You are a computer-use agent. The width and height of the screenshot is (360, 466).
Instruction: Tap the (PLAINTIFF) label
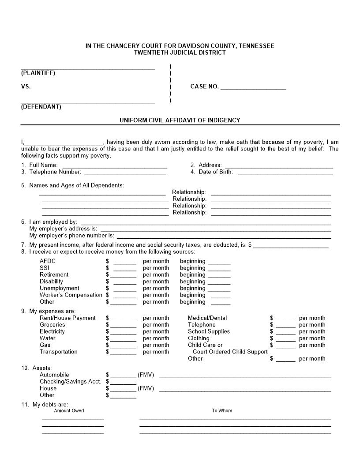[38, 73]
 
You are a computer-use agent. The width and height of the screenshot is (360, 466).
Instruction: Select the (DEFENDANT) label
[41, 107]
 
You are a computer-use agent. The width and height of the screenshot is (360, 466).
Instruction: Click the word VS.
[26, 86]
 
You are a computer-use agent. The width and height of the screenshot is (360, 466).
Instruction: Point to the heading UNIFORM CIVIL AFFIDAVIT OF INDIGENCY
[180, 120]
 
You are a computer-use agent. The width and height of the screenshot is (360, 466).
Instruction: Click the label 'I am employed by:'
[53, 222]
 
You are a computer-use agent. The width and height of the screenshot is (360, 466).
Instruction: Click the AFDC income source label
[48, 261]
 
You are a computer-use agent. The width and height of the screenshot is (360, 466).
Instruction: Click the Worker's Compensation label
[71, 295]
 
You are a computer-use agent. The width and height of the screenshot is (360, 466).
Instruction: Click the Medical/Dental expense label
[207, 318]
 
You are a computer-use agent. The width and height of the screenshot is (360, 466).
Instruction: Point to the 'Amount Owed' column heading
[69, 410]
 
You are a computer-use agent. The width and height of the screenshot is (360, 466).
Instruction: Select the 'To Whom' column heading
[221, 410]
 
